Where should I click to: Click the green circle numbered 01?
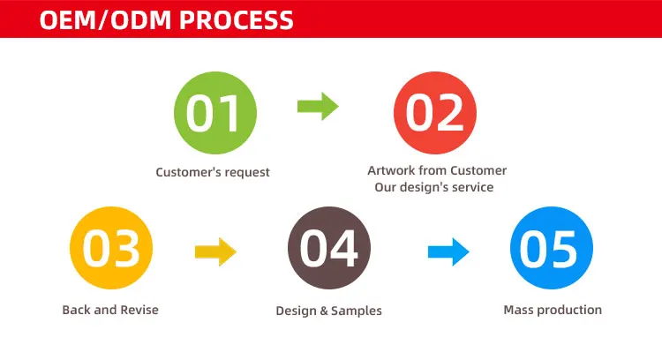215,113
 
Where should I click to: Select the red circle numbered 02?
435,113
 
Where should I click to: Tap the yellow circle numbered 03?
111,248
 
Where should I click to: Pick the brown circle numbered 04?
329,248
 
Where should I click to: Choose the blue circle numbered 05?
552,248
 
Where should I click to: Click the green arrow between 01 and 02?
318,107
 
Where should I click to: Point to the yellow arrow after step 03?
215,252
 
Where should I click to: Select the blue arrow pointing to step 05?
448,252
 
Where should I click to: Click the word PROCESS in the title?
236,19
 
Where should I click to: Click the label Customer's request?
213,172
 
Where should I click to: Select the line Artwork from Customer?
437,170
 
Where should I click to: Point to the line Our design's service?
434,187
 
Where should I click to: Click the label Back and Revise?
110,310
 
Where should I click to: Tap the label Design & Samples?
329,311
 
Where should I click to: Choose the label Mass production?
553,310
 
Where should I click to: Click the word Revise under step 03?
139,310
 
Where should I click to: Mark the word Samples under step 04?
357,311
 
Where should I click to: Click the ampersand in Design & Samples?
324,311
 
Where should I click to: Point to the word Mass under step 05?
518,310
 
